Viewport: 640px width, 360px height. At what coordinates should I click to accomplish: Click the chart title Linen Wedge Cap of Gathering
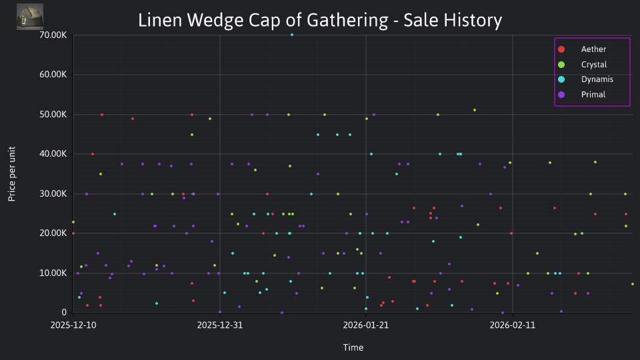coord(319,20)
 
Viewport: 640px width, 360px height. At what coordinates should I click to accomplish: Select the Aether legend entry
coord(593,50)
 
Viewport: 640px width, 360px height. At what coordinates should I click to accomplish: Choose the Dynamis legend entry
coord(597,79)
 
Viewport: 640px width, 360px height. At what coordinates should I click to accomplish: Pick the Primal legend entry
coord(593,95)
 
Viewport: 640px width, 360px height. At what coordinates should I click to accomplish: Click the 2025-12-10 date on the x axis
coord(73,325)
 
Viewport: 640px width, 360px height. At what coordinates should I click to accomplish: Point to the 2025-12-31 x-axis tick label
coord(219,325)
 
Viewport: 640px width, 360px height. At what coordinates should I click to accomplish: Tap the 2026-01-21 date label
coord(366,325)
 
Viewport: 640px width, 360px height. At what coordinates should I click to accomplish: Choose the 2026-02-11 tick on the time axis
coord(512,325)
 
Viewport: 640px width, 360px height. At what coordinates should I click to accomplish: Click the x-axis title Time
coord(353,347)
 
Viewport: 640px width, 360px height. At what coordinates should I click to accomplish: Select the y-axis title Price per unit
coord(12,173)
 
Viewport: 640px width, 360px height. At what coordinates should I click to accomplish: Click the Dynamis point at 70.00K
coord(291,35)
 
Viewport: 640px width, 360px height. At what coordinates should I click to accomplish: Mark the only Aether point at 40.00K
coord(93,154)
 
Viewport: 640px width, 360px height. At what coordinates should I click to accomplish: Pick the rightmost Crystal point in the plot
coord(632,284)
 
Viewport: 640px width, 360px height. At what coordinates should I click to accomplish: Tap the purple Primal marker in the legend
coord(561,95)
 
